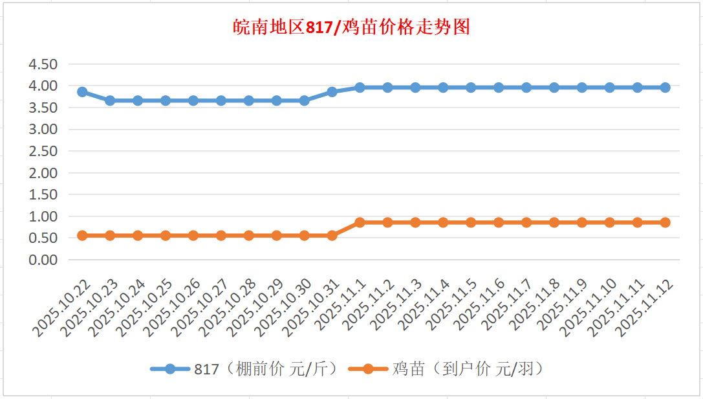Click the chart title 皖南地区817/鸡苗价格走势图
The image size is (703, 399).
coord(351,28)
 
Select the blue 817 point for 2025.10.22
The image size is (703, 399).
coord(82,92)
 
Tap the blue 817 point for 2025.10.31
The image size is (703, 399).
coord(332,92)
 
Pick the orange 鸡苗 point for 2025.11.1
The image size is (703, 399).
coord(360,222)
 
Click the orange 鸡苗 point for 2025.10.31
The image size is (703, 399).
coord(332,236)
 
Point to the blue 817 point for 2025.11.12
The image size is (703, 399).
coord(665,87)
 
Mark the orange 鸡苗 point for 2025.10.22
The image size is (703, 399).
coord(82,236)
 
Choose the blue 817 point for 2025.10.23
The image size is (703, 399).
coord(110,100)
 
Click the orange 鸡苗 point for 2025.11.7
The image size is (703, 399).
coord(526,222)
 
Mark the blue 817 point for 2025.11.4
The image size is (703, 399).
coord(443,87)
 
